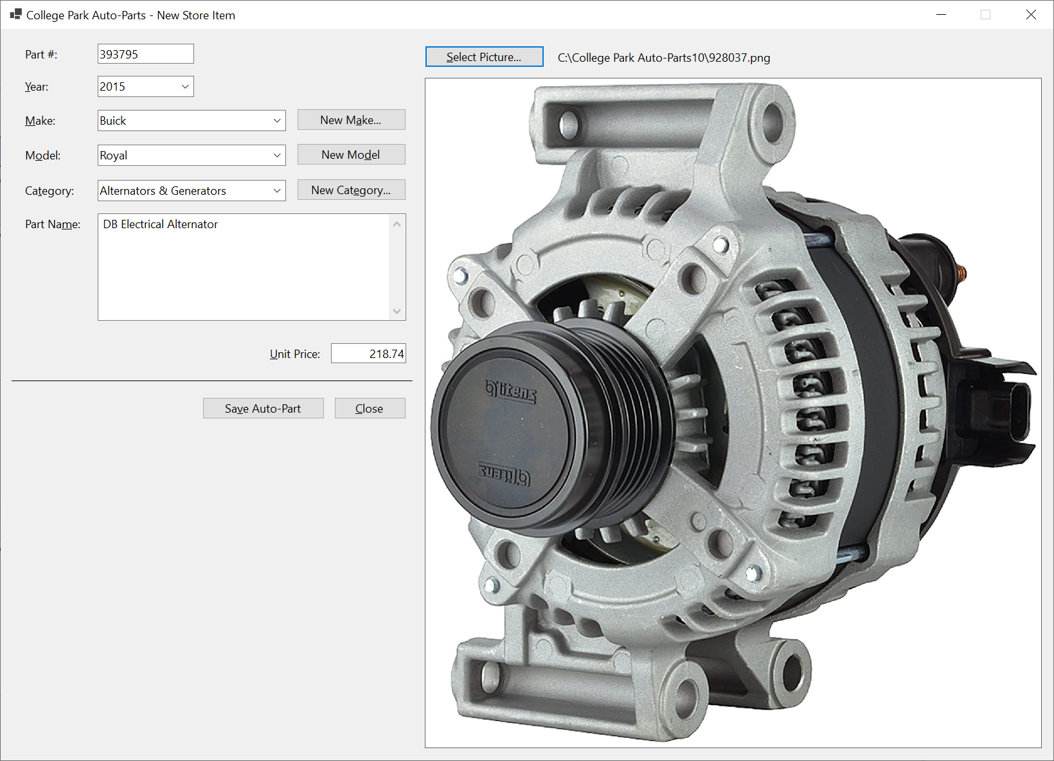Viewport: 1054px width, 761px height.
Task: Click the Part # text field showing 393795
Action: click(x=145, y=54)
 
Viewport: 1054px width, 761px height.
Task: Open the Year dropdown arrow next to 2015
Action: click(x=185, y=87)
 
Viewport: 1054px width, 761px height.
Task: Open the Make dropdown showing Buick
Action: click(x=192, y=120)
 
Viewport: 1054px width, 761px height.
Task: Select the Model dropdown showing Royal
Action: click(x=192, y=156)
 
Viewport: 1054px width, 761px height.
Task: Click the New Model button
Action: click(x=351, y=155)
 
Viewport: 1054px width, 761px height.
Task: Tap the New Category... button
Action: click(x=351, y=190)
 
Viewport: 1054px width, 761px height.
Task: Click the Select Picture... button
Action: click(x=484, y=57)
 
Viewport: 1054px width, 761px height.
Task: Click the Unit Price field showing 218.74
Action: click(x=368, y=354)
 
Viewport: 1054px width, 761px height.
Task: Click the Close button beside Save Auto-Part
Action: click(x=370, y=409)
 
